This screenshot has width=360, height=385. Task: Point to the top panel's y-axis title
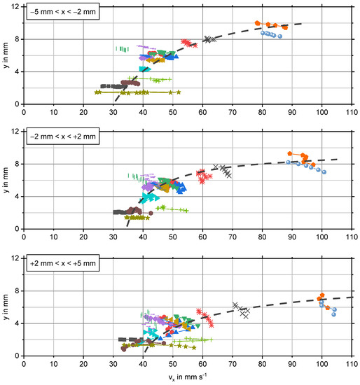tap(6, 55)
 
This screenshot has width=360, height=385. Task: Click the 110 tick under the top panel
tap(351, 111)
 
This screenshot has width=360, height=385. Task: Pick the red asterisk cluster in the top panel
tap(187, 43)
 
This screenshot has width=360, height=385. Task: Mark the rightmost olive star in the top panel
tap(179, 92)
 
